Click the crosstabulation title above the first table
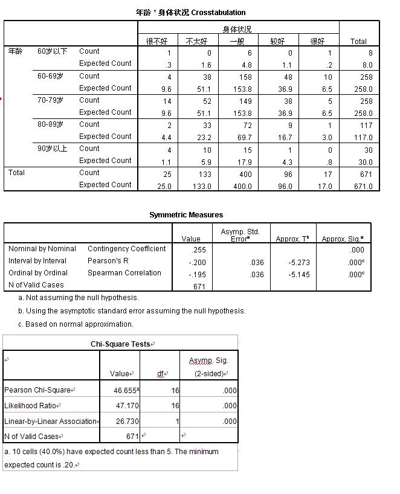190,12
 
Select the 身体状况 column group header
237,29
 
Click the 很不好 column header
157,41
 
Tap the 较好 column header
277,41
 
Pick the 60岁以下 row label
53,52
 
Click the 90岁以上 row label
53,149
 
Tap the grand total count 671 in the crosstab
366,175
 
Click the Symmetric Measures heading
186,215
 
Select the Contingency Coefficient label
126,249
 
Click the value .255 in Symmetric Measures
198,249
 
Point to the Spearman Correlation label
124,273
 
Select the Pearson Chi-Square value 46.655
125,391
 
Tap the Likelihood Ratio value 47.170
126,406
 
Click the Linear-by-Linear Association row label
50,421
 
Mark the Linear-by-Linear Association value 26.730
126,421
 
